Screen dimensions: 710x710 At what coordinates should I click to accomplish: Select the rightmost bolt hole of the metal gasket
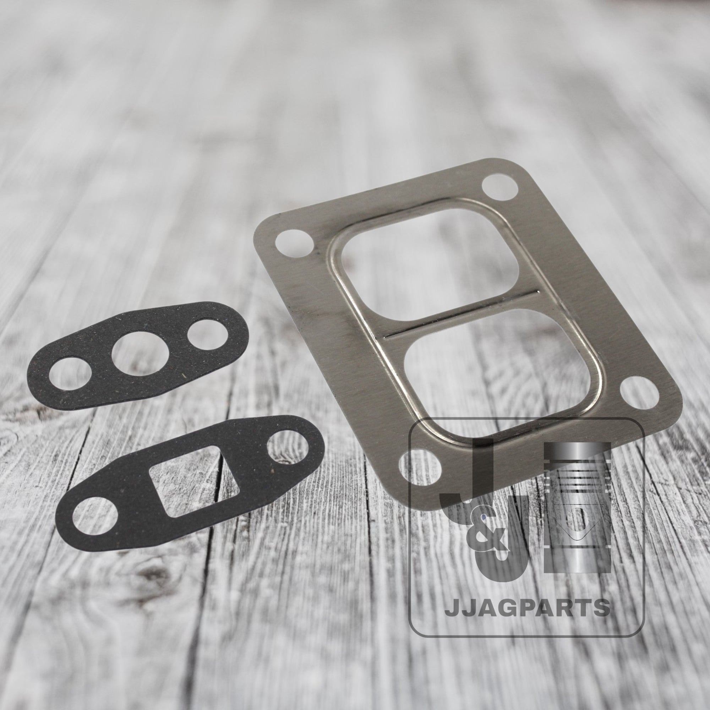(x=639, y=392)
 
